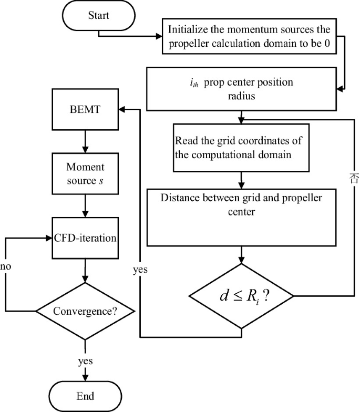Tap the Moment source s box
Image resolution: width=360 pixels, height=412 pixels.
pyautogui.click(x=85, y=174)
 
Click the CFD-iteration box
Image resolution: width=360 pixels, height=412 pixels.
pyautogui.click(x=85, y=237)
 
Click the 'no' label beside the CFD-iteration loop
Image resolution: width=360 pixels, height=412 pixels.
pyautogui.click(x=6, y=266)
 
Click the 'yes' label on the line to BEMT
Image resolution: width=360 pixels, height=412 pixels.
pyautogui.click(x=140, y=270)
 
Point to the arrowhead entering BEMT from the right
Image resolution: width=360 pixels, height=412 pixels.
pyautogui.click(x=122, y=109)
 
